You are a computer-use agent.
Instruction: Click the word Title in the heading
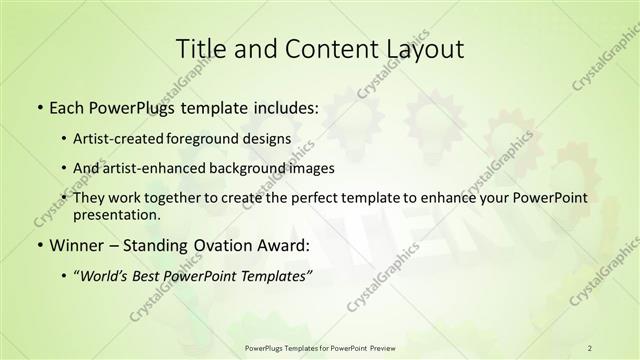[200, 49]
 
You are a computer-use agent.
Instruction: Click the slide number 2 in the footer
[590, 348]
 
